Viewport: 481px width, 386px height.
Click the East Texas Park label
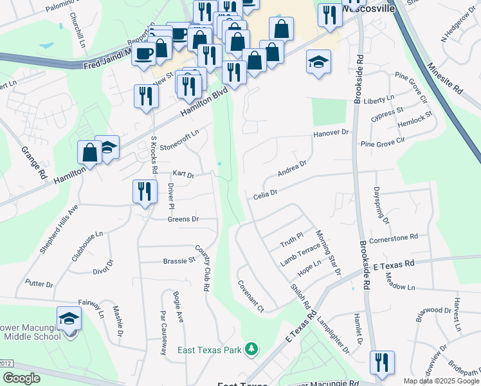click(x=209, y=350)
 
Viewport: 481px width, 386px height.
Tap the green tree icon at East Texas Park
click(x=253, y=349)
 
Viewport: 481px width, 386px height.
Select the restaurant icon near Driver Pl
click(x=145, y=192)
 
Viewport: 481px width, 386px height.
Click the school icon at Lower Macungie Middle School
click(x=69, y=319)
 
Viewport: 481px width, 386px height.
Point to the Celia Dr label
click(x=265, y=193)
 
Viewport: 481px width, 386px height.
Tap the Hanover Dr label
click(x=331, y=133)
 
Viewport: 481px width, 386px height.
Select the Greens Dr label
click(x=183, y=219)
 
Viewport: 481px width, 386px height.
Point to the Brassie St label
click(x=179, y=261)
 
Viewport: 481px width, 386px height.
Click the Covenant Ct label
click(x=251, y=296)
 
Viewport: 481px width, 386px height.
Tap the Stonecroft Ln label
click(x=179, y=138)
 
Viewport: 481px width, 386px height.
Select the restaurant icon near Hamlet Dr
click(x=382, y=363)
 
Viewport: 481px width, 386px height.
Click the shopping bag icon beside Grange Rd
click(x=89, y=153)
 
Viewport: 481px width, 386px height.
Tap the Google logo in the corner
click(x=21, y=378)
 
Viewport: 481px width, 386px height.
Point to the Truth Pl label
click(x=291, y=241)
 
